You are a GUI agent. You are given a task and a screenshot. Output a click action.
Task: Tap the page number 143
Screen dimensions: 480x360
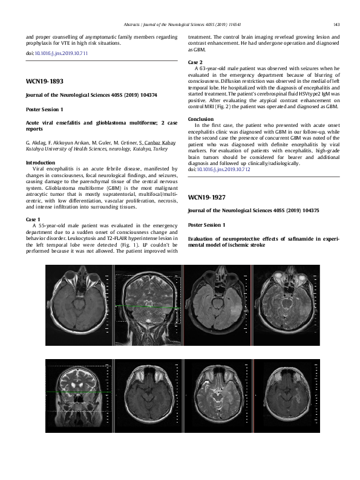click(336, 24)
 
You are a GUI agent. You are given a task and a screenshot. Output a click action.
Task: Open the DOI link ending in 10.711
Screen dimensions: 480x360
click(61, 53)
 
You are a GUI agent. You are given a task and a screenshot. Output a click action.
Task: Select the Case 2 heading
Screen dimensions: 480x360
click(195, 62)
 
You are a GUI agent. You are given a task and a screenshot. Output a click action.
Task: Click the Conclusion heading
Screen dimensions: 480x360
click(201, 119)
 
